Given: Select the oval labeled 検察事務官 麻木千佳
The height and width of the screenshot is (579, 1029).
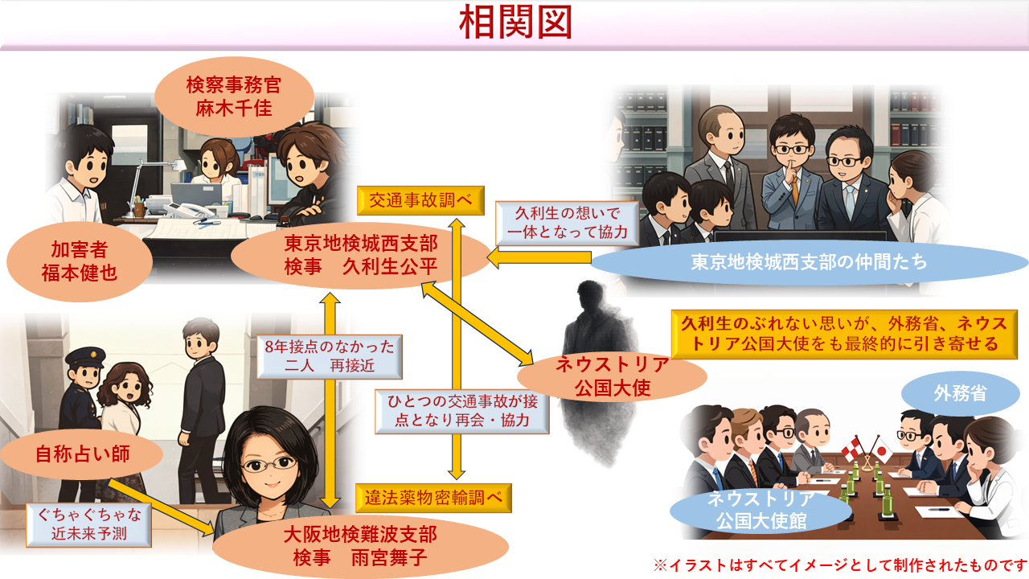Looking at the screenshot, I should point(234,96).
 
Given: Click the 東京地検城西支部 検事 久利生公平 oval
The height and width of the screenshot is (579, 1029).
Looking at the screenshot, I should point(359,256).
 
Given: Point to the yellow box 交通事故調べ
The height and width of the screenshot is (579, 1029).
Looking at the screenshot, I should point(420,199).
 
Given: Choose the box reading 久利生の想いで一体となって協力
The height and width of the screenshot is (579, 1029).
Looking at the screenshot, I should point(568,223).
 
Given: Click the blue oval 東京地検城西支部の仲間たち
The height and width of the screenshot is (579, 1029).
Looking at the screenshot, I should point(808,262).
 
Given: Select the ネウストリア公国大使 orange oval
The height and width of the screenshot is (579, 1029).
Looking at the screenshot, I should point(612,376).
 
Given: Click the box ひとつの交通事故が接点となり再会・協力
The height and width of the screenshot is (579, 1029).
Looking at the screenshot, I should point(462,410).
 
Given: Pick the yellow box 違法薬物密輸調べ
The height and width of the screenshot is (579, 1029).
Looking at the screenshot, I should point(433,499).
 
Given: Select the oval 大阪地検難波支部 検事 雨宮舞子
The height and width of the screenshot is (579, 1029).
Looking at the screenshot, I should point(360,546).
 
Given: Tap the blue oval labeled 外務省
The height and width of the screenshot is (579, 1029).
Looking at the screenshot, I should point(960,394).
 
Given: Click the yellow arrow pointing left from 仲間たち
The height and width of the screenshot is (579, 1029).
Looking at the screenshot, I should point(539,258).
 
